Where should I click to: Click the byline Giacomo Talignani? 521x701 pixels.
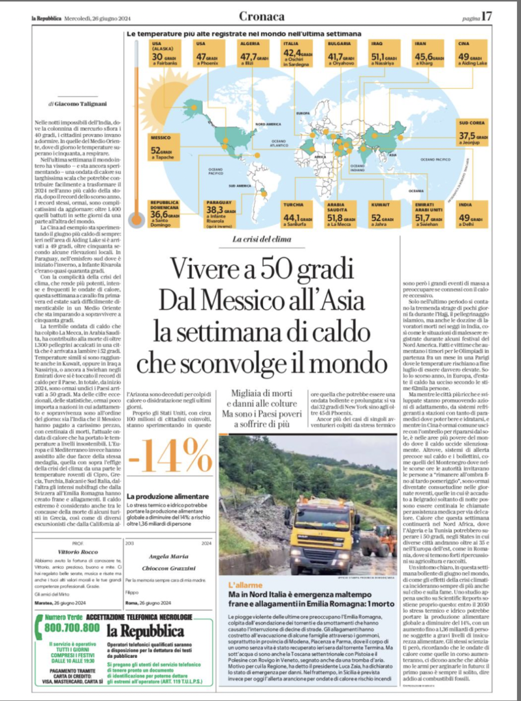point(73,104)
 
